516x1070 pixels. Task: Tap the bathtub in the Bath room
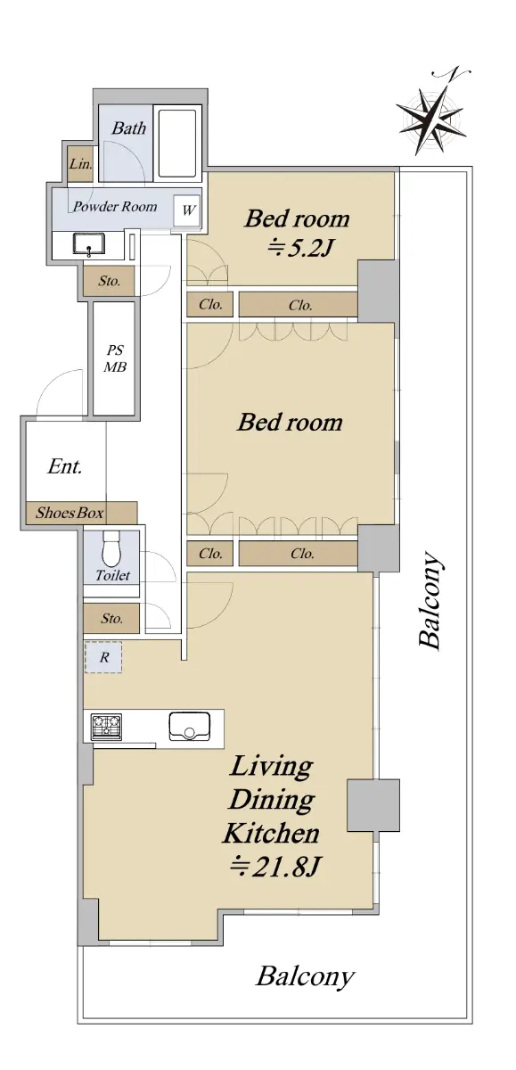177,144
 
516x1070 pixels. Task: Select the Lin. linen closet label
81,164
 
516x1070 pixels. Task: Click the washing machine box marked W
187,210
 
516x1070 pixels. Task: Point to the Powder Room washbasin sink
89,244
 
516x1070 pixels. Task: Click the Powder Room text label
115,206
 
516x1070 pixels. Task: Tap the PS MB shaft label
115,358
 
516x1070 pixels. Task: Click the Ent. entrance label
64,466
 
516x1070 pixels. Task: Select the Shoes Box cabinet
81,513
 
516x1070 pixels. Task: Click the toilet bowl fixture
112,547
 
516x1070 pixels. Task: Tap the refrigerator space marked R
103,657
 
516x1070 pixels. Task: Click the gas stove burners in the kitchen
106,727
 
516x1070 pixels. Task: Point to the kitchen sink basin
190,727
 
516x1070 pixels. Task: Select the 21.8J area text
276,866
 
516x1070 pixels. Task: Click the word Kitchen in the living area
271,833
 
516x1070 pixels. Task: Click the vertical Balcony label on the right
430,600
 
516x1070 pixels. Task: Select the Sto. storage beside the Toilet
111,619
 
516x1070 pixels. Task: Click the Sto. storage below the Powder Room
110,281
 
